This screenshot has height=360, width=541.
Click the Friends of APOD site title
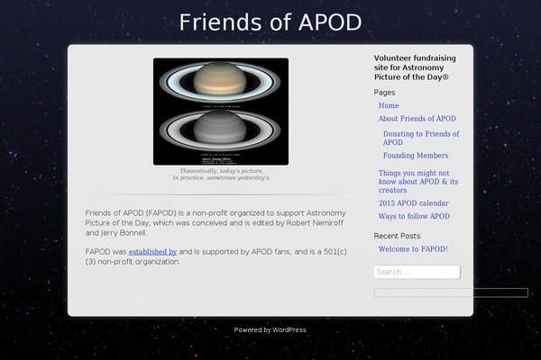pos(270,22)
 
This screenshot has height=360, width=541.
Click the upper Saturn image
pos(221,84)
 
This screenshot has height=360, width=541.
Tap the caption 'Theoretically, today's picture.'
pos(221,170)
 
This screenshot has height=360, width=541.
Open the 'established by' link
pos(152,251)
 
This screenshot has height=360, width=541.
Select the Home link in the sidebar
pos(389,105)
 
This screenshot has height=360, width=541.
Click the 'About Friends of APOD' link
pos(417,119)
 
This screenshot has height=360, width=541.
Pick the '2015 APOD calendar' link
pos(413,203)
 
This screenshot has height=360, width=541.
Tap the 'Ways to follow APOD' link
pos(414,216)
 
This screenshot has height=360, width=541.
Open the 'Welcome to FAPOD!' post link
pos(413,248)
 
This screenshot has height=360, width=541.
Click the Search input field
pos(417,272)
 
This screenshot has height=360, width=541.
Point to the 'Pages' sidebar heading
pos(384,93)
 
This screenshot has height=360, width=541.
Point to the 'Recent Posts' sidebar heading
pos(398,236)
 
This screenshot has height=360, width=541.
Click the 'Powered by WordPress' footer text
pos(270,330)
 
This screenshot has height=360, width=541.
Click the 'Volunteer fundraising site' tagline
pos(415,67)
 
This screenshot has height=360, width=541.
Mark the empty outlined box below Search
pos(451,292)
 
